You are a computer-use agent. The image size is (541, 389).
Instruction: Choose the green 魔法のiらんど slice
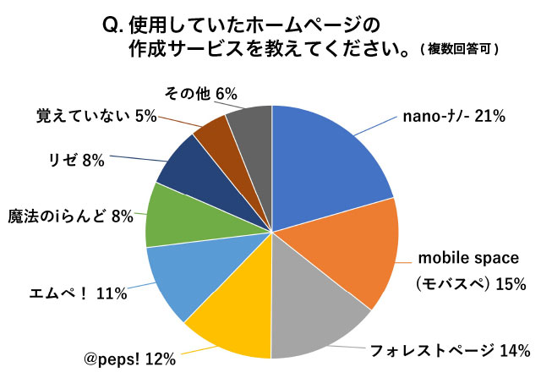(x=173, y=216)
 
